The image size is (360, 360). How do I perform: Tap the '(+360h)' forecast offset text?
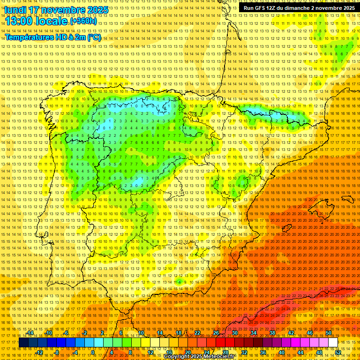point(83,21)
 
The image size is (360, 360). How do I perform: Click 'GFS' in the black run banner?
point(262,8)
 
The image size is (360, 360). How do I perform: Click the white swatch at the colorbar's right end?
point(333,343)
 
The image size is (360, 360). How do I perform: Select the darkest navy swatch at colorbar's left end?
point(23,343)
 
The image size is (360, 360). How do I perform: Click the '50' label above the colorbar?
point(329,333)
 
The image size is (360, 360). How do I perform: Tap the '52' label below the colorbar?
point(337,352)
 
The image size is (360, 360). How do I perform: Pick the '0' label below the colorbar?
point(93,352)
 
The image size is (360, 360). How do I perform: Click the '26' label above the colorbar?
point(216,333)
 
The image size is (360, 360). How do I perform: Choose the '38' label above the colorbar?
point(272,333)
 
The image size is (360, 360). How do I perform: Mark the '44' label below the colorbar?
point(300,352)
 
